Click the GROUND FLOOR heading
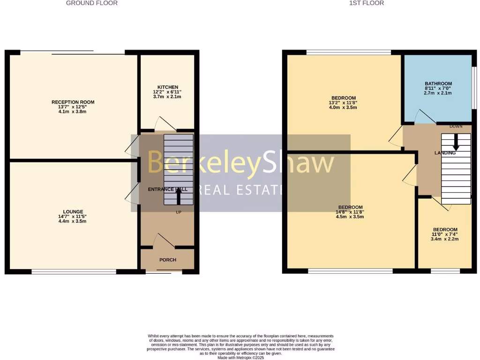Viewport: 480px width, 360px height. click(92, 3)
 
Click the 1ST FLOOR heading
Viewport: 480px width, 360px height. click(367, 3)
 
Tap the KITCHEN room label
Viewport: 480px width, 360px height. click(168, 87)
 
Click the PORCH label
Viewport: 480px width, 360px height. click(168, 260)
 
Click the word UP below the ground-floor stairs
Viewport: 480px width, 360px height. click(179, 212)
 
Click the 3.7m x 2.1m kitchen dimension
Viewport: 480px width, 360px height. click(168, 97)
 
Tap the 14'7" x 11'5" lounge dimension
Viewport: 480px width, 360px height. click(73, 216)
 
